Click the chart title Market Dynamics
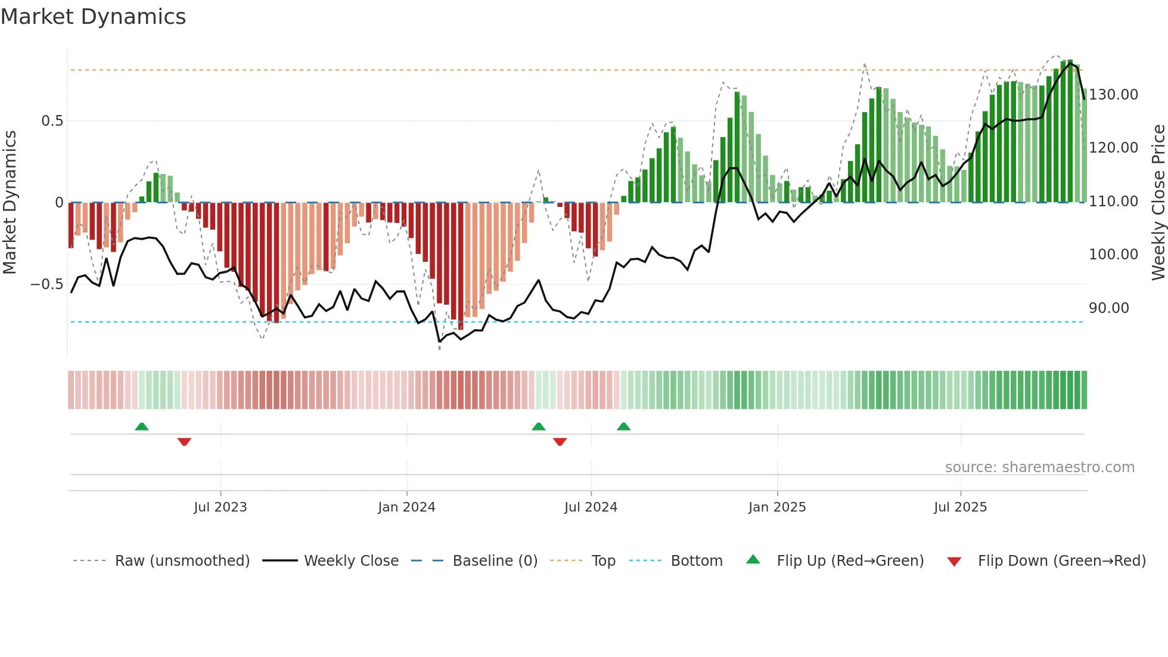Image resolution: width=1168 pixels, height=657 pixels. coord(93,17)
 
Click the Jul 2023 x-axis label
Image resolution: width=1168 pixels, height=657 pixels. coord(220,507)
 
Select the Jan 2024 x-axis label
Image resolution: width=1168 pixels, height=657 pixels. coord(406,507)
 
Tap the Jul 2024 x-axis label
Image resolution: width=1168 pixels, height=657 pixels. coord(591,507)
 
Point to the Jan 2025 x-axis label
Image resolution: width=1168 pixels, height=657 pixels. coord(777,507)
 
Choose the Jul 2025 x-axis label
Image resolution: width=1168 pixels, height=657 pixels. coord(960,507)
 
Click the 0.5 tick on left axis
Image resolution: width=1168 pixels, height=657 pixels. coord(52,121)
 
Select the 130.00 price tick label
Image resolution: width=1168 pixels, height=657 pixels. coord(1113,95)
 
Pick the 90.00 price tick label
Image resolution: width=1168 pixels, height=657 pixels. coord(1108,308)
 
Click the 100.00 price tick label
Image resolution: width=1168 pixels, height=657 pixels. coord(1113,255)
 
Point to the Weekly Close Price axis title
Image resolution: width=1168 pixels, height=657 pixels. coord(1158,203)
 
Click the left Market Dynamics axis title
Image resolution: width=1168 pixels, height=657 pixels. coord(10,203)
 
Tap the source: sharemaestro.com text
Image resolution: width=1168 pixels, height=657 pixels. coord(1039,467)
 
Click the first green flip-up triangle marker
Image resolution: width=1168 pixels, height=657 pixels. coord(142,426)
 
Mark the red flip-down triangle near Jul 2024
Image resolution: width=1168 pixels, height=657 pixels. coord(560,442)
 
